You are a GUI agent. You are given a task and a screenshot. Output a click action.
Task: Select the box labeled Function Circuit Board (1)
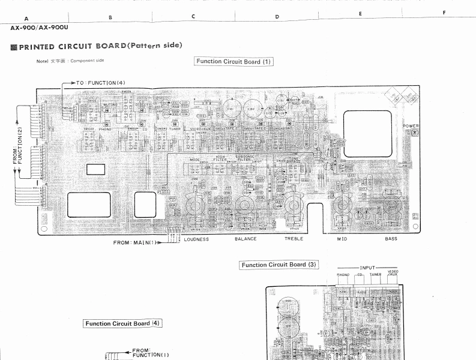tap(234, 61)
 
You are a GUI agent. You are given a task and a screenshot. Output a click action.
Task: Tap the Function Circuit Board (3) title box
tap(279, 265)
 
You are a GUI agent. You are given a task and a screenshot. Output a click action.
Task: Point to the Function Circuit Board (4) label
tap(122, 324)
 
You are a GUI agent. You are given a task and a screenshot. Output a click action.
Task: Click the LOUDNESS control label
tap(196, 239)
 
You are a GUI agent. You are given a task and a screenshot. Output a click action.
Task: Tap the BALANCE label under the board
tap(246, 239)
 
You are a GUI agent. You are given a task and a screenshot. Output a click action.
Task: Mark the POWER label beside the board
tap(411, 126)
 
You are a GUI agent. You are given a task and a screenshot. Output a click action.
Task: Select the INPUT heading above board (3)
tap(367, 268)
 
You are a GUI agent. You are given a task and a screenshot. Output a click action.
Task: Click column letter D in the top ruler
tap(277, 17)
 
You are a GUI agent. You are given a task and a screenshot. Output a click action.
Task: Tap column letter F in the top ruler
tap(444, 13)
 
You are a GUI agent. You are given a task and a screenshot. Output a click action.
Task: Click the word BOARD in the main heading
tap(103, 46)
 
